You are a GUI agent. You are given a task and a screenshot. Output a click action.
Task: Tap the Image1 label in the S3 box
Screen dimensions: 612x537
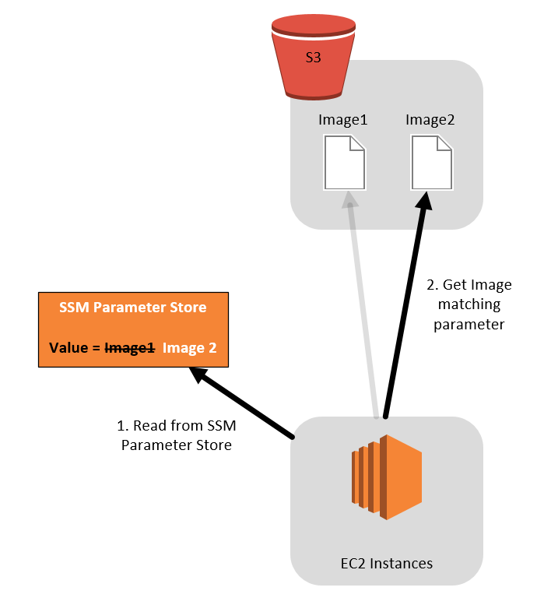pyautogui.click(x=342, y=121)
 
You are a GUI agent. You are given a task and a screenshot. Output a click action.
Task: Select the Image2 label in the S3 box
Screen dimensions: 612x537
pyautogui.click(x=430, y=121)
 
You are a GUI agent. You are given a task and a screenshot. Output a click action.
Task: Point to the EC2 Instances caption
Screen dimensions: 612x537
pyautogui.click(x=386, y=563)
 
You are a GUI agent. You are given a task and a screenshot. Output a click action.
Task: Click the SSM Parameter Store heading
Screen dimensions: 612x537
pyautogui.click(x=133, y=308)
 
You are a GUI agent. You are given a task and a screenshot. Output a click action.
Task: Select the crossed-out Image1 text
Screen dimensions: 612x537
pyautogui.click(x=130, y=348)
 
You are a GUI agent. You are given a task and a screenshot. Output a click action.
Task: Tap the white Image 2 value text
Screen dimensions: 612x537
pyautogui.click(x=190, y=348)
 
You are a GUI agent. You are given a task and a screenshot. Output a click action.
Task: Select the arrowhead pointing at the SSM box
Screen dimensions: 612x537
pyautogui.click(x=199, y=375)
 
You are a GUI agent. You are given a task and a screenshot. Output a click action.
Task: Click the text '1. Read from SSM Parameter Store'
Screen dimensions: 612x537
pyautogui.click(x=177, y=435)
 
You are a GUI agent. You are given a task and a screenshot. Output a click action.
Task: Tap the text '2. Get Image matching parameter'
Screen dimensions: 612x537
pyautogui.click(x=469, y=304)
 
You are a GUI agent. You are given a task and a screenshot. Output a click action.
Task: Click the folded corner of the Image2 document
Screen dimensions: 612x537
pyautogui.click(x=444, y=144)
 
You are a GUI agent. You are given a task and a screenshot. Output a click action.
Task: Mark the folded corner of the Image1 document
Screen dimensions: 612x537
pyautogui.click(x=357, y=144)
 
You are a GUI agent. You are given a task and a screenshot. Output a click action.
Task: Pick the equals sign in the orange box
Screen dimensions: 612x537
pyautogui.click(x=97, y=348)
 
